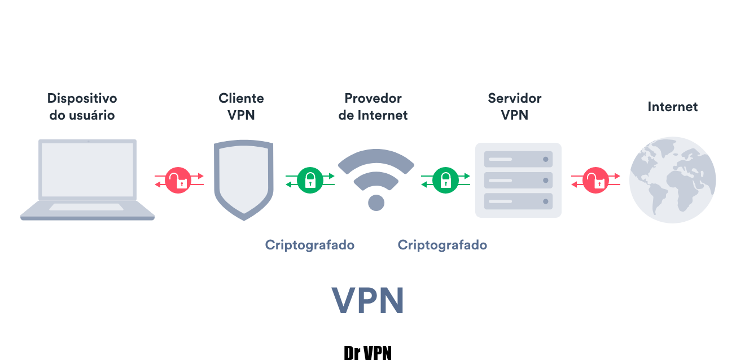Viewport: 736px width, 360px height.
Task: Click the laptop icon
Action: (x=87, y=179)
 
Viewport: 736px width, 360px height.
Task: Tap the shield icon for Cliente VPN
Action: (x=244, y=179)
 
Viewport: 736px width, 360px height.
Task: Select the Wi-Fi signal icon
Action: (x=376, y=175)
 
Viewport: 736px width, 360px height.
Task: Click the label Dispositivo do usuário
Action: (x=82, y=107)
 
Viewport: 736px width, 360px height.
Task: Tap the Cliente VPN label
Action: (x=241, y=107)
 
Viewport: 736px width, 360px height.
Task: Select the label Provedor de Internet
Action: (x=373, y=107)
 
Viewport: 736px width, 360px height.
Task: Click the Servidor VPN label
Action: (x=514, y=107)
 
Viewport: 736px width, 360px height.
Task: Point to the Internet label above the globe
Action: (x=672, y=107)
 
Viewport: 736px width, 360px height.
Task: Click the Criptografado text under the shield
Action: (x=310, y=245)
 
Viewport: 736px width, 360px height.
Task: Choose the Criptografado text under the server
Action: (x=442, y=245)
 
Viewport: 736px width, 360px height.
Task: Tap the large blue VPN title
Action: (x=367, y=301)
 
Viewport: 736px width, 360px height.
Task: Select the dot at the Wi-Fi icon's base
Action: (x=376, y=203)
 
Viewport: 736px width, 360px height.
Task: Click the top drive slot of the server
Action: (x=518, y=159)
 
